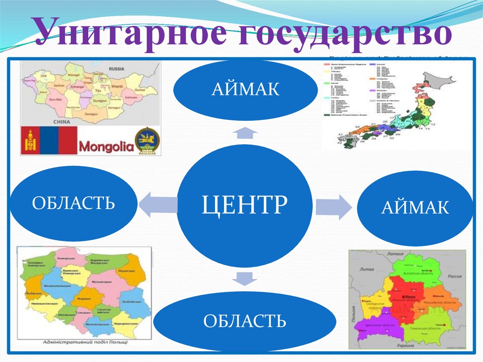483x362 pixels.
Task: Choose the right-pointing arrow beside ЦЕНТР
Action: coord(333,207)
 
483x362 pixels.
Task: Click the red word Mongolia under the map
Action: coord(106,146)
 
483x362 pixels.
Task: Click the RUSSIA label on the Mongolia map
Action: coord(116,68)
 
